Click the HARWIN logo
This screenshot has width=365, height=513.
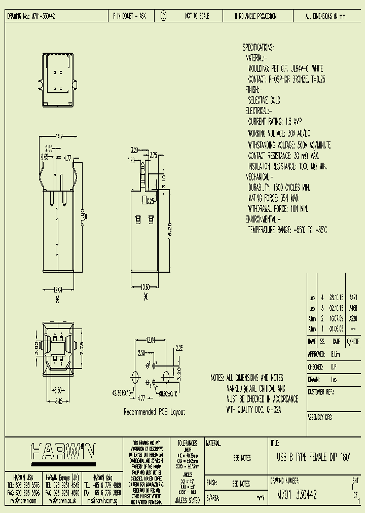tap(63, 451)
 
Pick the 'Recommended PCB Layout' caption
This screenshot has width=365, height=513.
tap(155, 412)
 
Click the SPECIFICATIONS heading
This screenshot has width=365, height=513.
tap(259, 48)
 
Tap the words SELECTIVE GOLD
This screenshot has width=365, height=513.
tap(264, 100)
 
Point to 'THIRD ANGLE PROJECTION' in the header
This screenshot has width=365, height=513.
tap(256, 16)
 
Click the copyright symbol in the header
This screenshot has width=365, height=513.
tap(163, 16)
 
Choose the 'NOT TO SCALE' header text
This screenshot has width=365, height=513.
tap(197, 16)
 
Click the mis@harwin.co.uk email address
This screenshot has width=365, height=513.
tap(62, 500)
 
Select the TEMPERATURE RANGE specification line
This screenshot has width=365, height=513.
tap(287, 230)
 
